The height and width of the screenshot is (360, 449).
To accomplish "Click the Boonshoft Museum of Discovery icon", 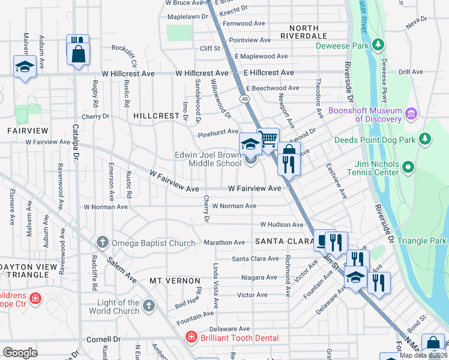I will [411, 113].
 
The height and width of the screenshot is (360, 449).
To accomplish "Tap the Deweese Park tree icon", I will [378, 44].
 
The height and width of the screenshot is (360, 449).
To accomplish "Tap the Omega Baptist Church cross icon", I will [102, 243].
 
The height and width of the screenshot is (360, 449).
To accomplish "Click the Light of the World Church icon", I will [148, 306].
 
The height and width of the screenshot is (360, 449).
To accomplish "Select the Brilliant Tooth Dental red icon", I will [191, 338].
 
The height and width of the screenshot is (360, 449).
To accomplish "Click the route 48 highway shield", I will [244, 98].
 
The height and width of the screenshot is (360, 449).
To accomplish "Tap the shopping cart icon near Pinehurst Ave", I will [268, 139].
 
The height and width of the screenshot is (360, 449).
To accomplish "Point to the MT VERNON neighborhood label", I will [175, 281].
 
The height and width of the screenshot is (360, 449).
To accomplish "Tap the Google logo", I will [20, 352].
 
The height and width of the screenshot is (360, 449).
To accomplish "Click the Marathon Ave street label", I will [224, 242].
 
